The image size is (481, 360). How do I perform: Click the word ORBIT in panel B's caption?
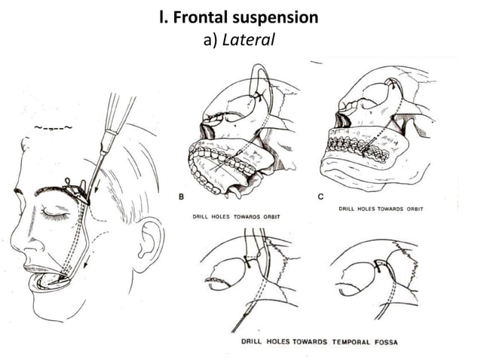click(x=268, y=217)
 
